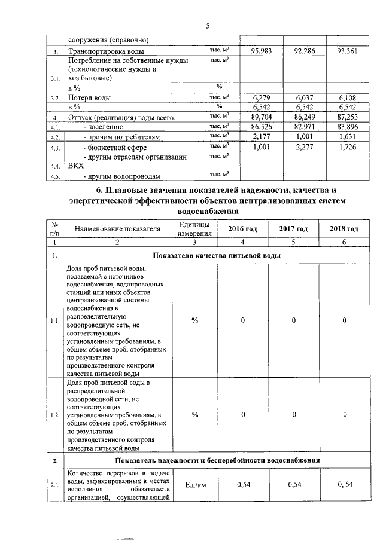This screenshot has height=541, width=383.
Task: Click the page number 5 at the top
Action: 208,26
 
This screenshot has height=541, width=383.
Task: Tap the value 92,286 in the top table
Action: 305,51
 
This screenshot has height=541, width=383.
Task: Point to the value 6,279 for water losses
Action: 263,97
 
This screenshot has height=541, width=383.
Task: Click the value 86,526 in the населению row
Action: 261,127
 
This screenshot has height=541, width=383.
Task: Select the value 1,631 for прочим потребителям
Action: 348,137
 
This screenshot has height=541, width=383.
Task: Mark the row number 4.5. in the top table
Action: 55,176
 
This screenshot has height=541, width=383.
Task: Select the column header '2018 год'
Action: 344,229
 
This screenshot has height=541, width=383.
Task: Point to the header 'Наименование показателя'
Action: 118,229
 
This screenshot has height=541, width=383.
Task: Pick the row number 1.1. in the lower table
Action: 55,320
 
